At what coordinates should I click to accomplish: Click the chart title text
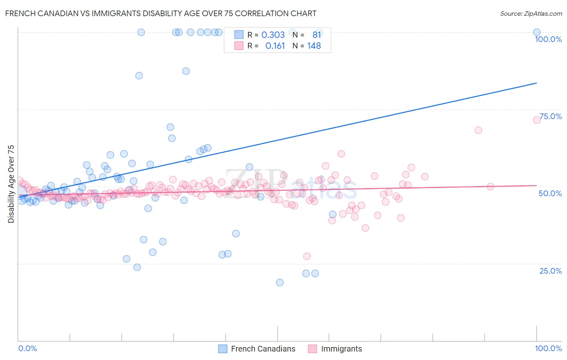point(161,13)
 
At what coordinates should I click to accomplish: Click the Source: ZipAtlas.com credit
point(531,13)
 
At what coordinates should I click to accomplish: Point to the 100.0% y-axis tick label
point(548,39)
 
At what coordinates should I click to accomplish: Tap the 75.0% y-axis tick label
point(550,116)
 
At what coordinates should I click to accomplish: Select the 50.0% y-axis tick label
point(550,193)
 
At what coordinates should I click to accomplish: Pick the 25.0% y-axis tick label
point(550,271)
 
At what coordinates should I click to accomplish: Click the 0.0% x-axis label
point(28,348)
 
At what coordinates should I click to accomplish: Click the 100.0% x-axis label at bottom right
point(548,348)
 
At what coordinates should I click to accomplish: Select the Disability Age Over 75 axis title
point(11,184)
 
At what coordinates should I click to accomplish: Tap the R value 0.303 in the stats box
point(273,35)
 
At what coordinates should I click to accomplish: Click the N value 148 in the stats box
point(314,46)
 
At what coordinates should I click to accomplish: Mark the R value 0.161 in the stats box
point(275,46)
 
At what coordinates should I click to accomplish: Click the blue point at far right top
point(537,32)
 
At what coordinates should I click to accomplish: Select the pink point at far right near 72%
point(537,120)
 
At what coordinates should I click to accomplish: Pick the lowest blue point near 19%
point(279,283)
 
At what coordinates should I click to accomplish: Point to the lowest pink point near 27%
point(307,256)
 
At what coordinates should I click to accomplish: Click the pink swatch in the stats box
point(239,46)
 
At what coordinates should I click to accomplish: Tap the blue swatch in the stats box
point(239,35)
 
